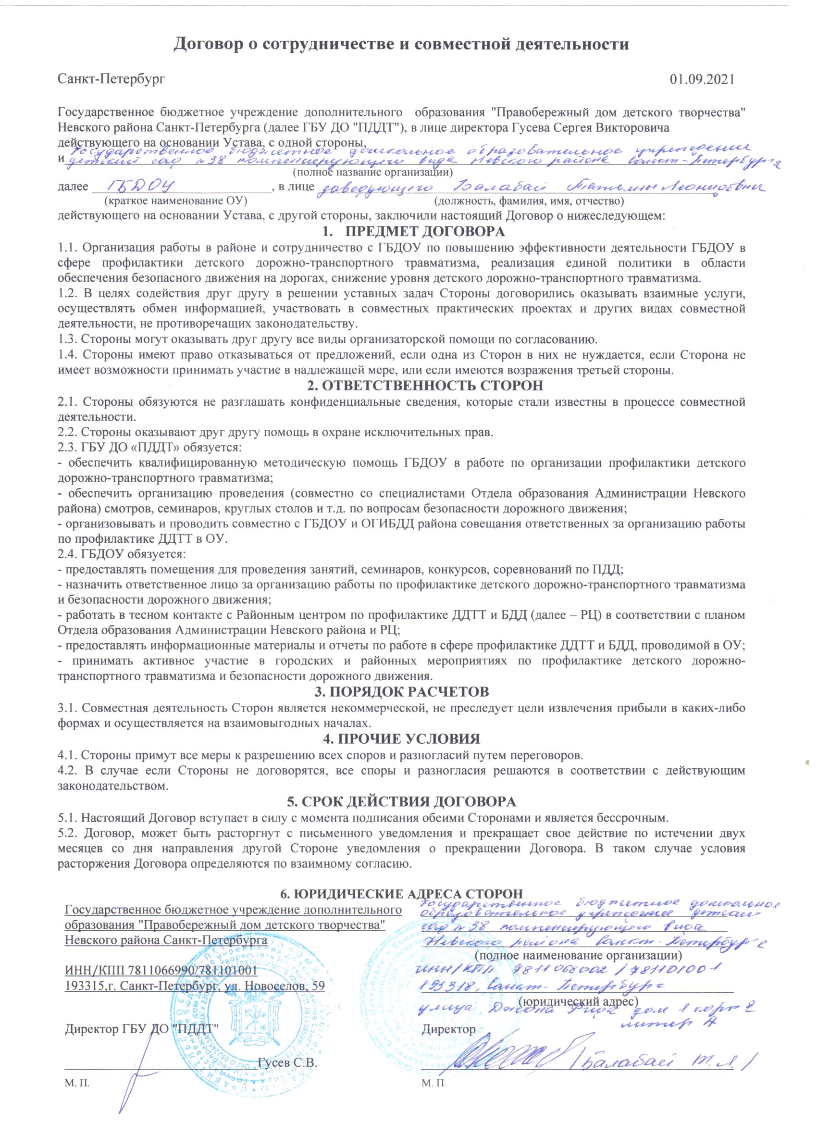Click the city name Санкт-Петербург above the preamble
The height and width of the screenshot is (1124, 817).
[x=111, y=79]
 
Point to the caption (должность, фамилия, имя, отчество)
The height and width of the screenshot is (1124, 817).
[x=529, y=201]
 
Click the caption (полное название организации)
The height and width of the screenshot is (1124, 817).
[x=373, y=173]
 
